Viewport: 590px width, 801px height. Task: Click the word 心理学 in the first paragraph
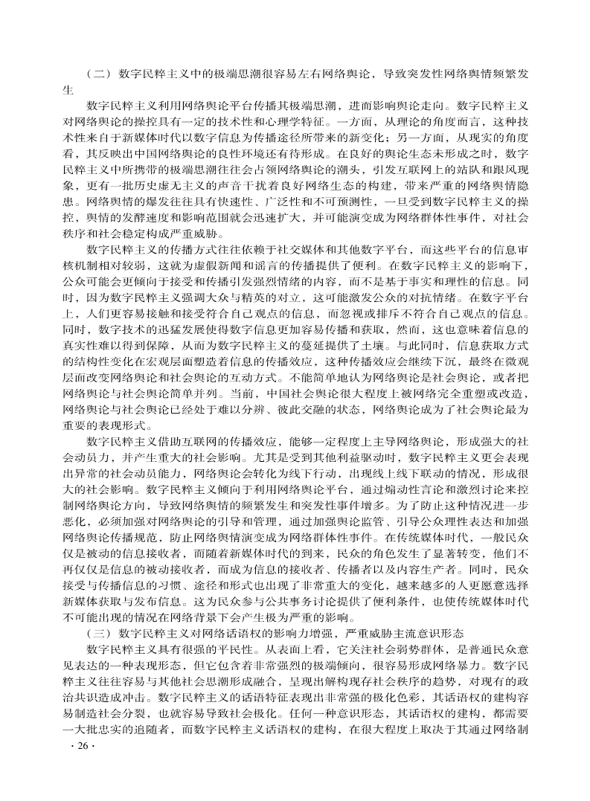point(298,121)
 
